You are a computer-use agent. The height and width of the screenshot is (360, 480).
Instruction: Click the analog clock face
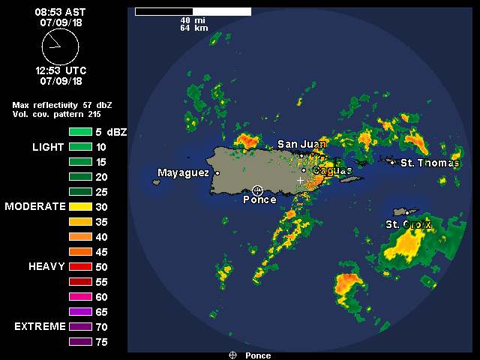tap(60, 46)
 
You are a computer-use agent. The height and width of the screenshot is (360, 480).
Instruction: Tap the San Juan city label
tap(301, 144)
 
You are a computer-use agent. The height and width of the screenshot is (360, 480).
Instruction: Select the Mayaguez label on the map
tap(183, 173)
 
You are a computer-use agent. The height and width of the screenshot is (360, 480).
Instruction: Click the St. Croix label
tap(408, 224)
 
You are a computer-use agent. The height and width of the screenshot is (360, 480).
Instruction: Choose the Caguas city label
tap(332, 171)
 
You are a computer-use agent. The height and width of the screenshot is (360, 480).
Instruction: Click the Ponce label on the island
tap(259, 200)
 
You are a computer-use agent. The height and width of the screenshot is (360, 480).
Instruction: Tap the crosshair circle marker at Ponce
tap(257, 190)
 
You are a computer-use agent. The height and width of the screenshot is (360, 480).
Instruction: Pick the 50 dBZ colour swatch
tap(80, 266)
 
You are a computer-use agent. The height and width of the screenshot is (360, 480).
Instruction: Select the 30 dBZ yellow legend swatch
tap(80, 206)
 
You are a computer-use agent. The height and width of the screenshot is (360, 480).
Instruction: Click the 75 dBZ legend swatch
tap(80, 342)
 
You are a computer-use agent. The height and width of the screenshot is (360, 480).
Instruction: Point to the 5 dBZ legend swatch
tap(80, 132)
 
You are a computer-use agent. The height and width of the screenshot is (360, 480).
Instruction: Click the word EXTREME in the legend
tap(39, 327)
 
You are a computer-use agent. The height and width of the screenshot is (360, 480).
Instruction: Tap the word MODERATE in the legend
tap(35, 206)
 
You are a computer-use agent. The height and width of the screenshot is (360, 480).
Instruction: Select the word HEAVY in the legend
tap(46, 266)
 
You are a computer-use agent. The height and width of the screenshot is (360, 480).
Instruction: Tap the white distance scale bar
tap(193, 12)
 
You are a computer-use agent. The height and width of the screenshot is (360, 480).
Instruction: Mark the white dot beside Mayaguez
tap(217, 173)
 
